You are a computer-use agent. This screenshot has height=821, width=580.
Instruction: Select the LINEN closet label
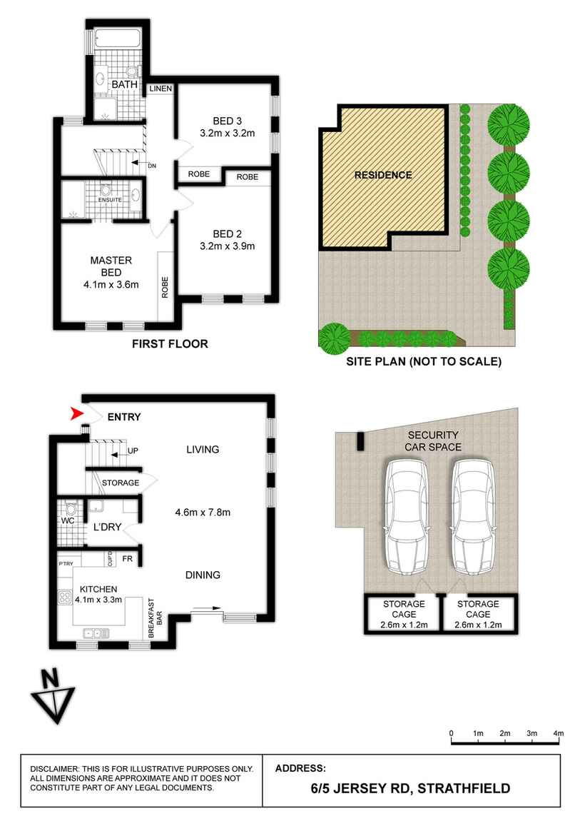160,89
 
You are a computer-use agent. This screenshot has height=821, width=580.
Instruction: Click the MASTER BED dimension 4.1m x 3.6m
110,285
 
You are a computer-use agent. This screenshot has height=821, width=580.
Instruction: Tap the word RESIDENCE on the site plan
383,175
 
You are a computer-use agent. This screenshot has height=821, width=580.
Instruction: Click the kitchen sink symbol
96,633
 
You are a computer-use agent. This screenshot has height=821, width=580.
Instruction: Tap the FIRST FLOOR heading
170,344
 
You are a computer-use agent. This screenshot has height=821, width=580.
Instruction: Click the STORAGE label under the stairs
121,483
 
